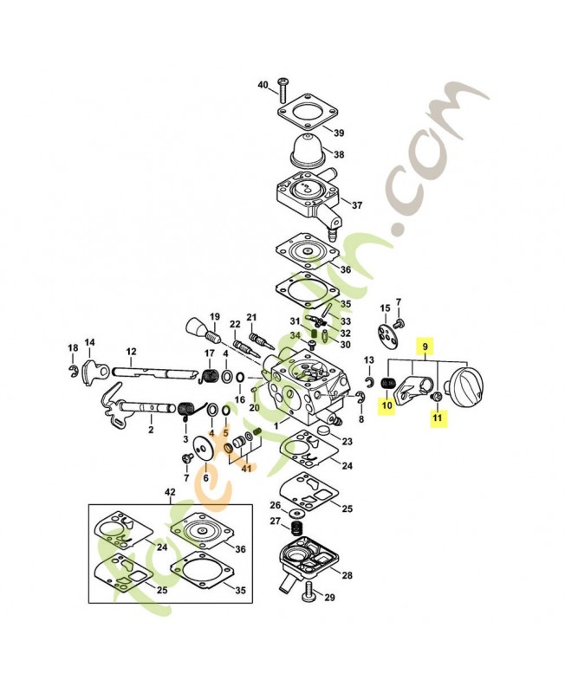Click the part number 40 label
pyautogui.click(x=263, y=85)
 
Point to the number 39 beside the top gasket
pyautogui.click(x=339, y=133)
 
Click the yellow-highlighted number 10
pyautogui.click(x=386, y=404)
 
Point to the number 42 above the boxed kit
pyautogui.click(x=169, y=492)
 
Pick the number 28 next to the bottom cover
pyautogui.click(x=347, y=575)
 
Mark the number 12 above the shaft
pyautogui.click(x=132, y=352)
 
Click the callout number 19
pyautogui.click(x=214, y=316)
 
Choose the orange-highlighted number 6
pyautogui.click(x=205, y=477)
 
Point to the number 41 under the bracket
pyautogui.click(x=248, y=469)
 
